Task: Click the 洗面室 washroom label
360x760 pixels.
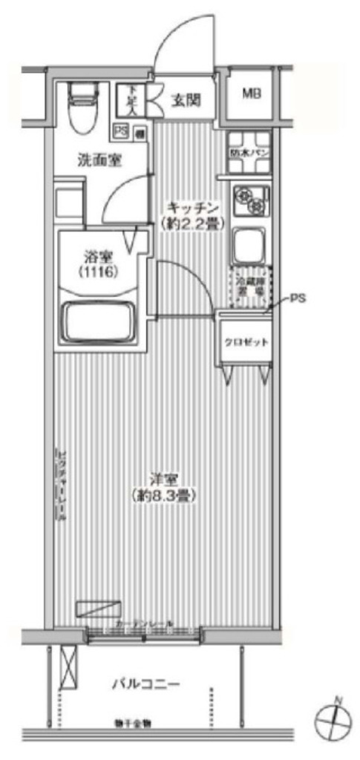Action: pyautogui.click(x=100, y=159)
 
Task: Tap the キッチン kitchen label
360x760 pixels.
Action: pyautogui.click(x=192, y=208)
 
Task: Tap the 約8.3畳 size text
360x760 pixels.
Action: pyautogui.click(x=166, y=494)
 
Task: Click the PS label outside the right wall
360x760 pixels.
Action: pyautogui.click(x=297, y=299)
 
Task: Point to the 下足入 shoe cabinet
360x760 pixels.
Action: pyautogui.click(x=131, y=98)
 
